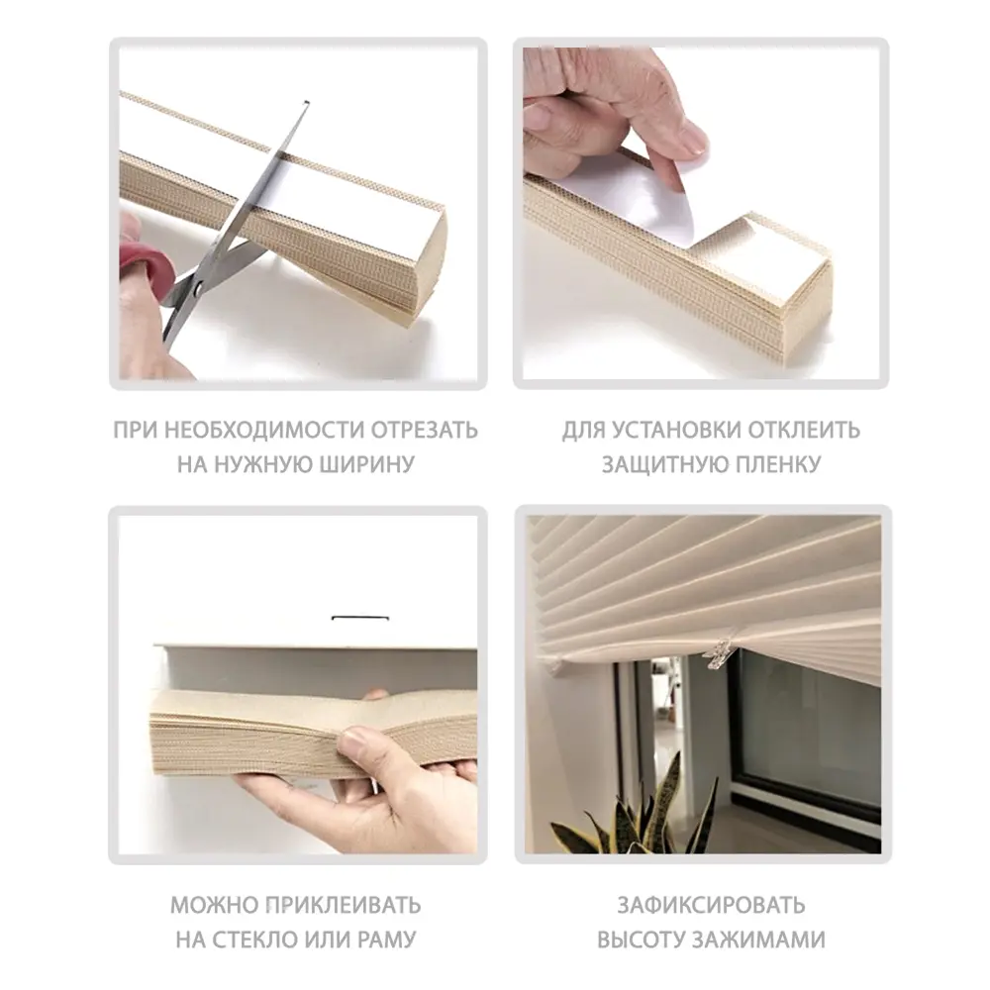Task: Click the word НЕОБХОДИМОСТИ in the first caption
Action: coord(252,431)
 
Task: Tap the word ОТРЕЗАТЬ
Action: coord(425,431)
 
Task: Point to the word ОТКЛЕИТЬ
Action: coord(806,431)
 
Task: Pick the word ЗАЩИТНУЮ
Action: coord(659,464)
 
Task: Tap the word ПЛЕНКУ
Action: coord(777,464)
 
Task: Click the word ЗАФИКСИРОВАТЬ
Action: coord(711,905)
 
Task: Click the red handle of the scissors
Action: coord(140,259)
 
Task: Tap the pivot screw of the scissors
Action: coord(194,288)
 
